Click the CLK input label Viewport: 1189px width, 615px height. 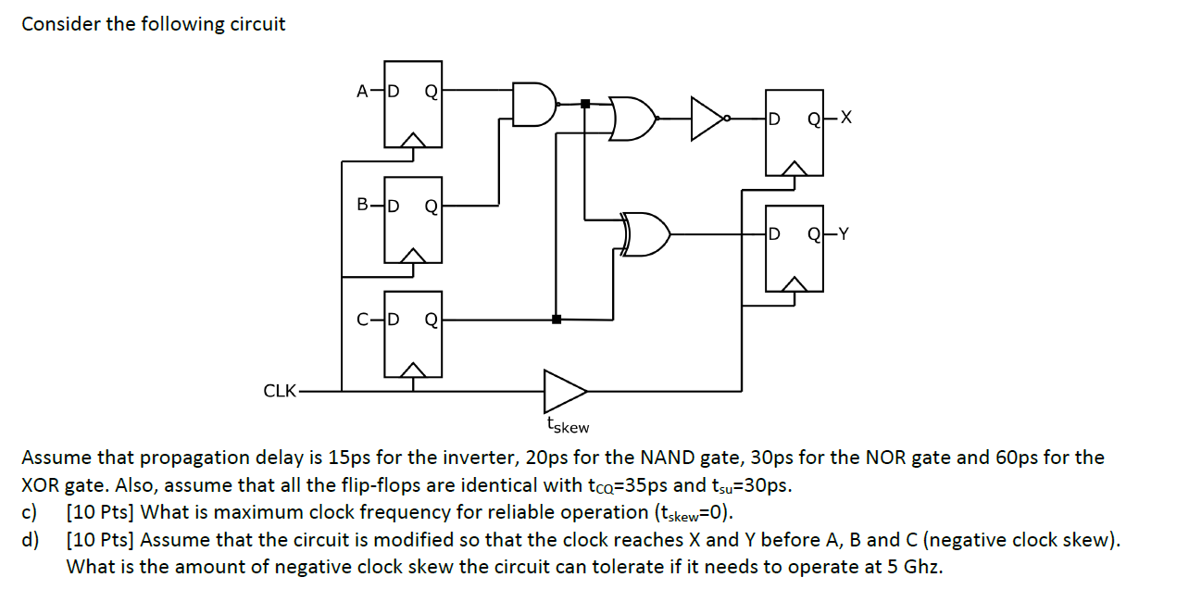tap(280, 391)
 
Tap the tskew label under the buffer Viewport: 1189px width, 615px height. tap(567, 425)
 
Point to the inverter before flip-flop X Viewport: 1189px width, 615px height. tap(711, 118)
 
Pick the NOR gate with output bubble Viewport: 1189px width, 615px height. tap(634, 118)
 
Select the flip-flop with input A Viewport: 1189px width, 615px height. tap(413, 105)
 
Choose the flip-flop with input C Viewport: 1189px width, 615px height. tap(413, 334)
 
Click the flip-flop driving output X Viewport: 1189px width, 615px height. tap(793, 132)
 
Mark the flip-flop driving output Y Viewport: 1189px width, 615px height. tap(793, 248)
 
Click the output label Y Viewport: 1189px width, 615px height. tap(844, 234)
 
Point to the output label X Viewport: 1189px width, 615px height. tap(845, 118)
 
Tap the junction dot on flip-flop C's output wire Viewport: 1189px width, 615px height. tap(556, 320)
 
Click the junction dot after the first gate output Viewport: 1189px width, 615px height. tap(584, 104)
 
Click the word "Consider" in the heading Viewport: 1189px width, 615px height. tap(60, 24)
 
